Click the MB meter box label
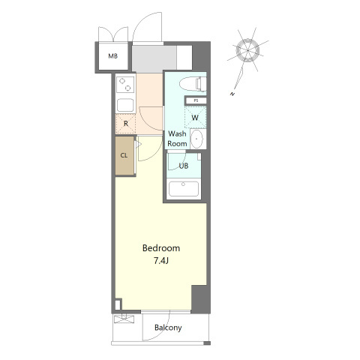(112, 56)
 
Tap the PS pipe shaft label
(196, 100)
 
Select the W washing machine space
(195, 117)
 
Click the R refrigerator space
(126, 124)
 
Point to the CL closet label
(124, 155)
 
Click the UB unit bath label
(184, 166)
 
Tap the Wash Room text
(177, 139)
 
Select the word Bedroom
(161, 248)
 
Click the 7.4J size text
(161, 261)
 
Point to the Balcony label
(168, 328)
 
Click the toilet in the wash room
(193, 84)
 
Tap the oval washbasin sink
(197, 139)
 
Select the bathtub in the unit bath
(184, 189)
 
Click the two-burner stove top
(125, 85)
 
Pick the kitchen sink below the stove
(125, 105)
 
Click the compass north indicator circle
(247, 51)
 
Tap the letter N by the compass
(233, 94)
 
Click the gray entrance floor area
(154, 58)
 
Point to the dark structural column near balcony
(200, 298)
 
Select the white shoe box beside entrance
(184, 58)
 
